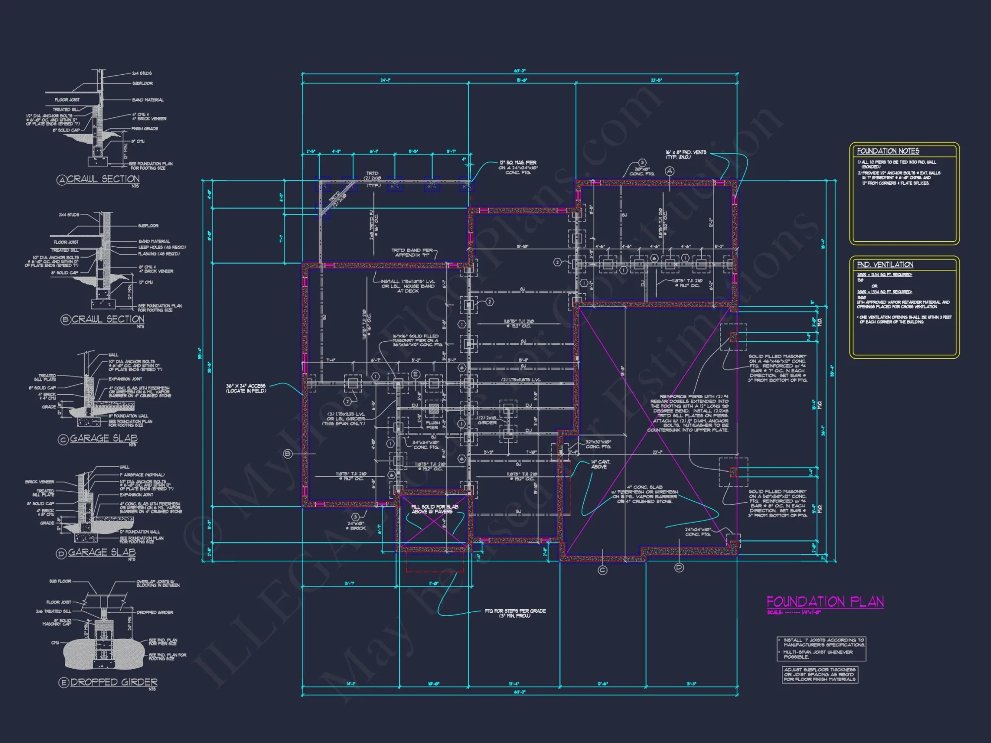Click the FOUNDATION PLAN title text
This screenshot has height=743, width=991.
click(825, 602)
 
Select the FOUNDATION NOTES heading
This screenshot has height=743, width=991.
click(888, 151)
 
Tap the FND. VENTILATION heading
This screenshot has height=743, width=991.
click(885, 265)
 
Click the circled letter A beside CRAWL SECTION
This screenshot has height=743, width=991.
click(61, 180)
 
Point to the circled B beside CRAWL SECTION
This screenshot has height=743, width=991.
click(65, 320)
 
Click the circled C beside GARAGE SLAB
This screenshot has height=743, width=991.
click(63, 439)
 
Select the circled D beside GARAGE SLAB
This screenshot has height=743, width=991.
click(61, 553)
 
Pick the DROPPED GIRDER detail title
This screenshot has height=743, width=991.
click(113, 682)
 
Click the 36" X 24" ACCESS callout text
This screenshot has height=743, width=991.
click(246, 388)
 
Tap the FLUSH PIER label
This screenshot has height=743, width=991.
click(432, 425)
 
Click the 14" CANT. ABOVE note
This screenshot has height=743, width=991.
click(600, 464)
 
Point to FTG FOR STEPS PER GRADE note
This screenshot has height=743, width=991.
click(515, 613)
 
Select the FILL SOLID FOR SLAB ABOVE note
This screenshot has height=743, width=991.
click(435, 509)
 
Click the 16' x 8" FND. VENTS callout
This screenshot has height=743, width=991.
click(685, 155)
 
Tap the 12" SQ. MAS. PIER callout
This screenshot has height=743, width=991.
click(518, 167)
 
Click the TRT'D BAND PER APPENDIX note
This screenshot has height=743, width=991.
click(412, 253)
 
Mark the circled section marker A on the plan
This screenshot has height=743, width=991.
click(669, 171)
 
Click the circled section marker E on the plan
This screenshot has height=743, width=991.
click(415, 374)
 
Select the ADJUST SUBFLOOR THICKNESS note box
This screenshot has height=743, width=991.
click(820, 675)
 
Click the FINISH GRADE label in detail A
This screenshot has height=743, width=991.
click(145, 129)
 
